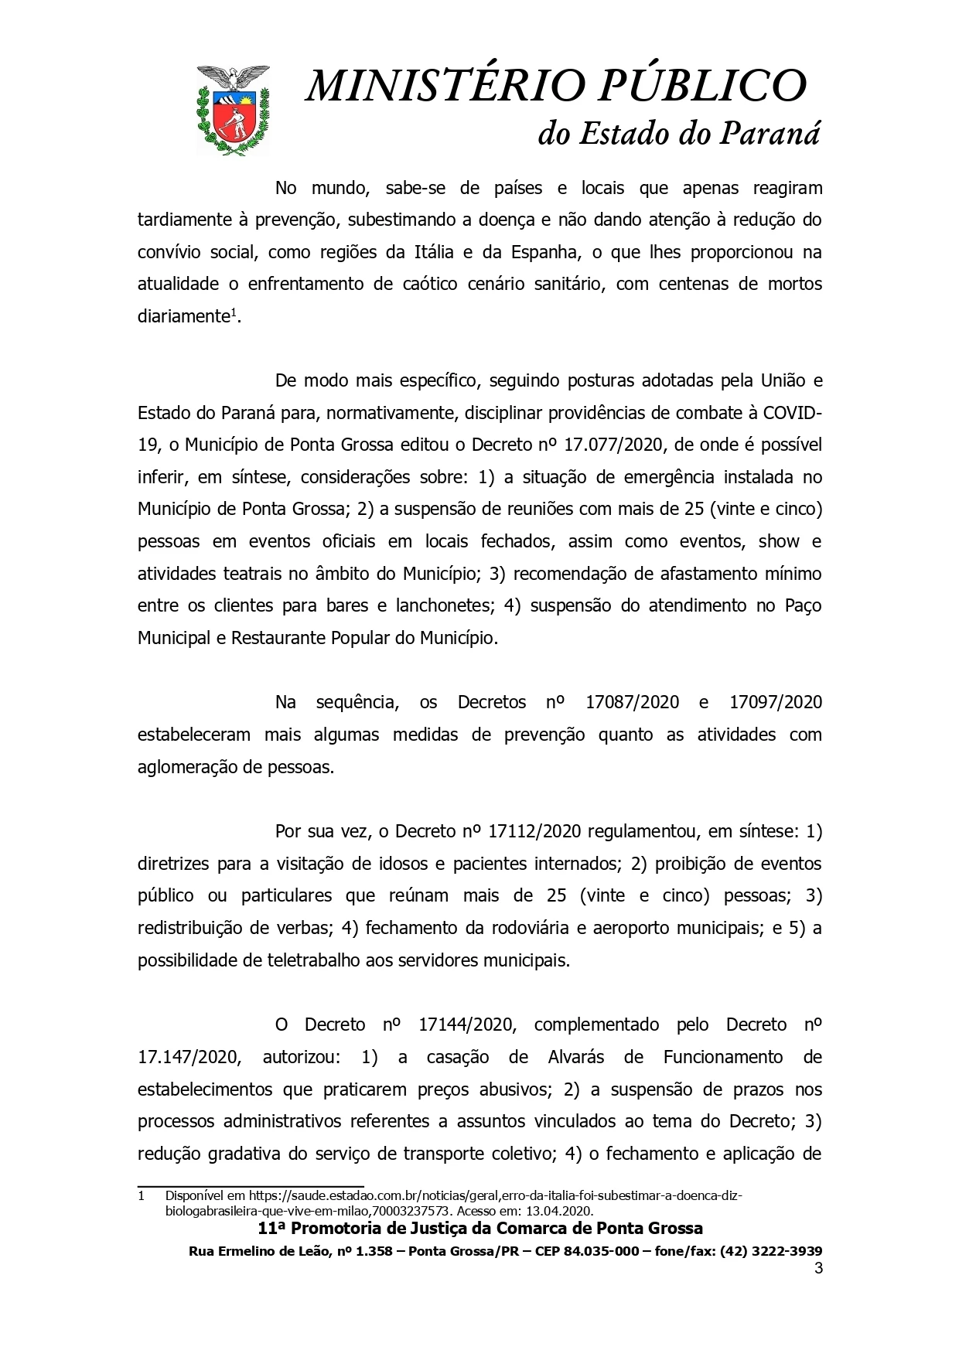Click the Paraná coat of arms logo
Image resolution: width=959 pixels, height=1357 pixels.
[232, 109]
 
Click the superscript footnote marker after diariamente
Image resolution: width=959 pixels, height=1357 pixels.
[234, 312]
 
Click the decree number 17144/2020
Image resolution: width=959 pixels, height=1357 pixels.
[466, 1025]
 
